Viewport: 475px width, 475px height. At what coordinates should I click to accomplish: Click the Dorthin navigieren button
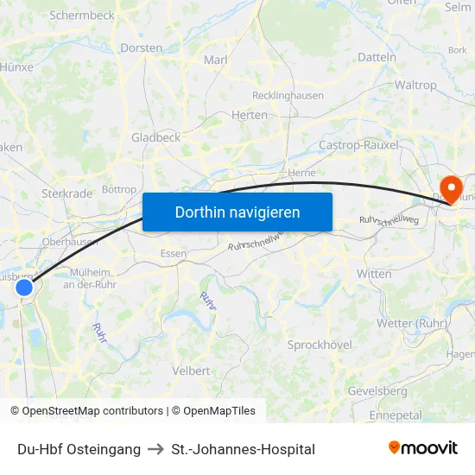point(237,212)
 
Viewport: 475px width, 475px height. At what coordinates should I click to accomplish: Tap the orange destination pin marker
point(451,189)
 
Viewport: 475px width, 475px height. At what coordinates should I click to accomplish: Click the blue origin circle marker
point(24,288)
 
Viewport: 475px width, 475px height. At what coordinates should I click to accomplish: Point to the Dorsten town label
point(142,47)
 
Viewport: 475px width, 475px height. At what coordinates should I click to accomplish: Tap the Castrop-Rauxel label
point(358,145)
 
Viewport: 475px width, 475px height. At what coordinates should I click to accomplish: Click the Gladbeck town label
point(155,137)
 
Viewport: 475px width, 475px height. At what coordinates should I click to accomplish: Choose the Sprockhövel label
point(320,345)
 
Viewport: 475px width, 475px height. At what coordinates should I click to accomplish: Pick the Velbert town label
point(191,370)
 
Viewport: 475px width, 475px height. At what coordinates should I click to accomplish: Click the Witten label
point(374,273)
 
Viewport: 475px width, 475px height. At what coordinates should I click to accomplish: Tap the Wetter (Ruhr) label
point(411,323)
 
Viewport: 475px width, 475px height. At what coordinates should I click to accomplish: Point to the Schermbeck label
point(82,15)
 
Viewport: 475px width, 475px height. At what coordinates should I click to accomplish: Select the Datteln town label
point(377,57)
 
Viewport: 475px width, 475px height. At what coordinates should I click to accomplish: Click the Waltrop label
point(415,85)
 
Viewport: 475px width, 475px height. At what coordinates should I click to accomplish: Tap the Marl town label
point(215,60)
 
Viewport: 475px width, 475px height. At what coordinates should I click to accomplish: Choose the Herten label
point(250,115)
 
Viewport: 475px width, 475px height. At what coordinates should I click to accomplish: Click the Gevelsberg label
point(377,390)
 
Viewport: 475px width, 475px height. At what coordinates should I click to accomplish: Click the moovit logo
point(423,448)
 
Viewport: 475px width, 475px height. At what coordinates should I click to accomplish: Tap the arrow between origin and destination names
point(156,449)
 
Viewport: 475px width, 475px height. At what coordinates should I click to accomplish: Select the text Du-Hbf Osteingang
point(79,449)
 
